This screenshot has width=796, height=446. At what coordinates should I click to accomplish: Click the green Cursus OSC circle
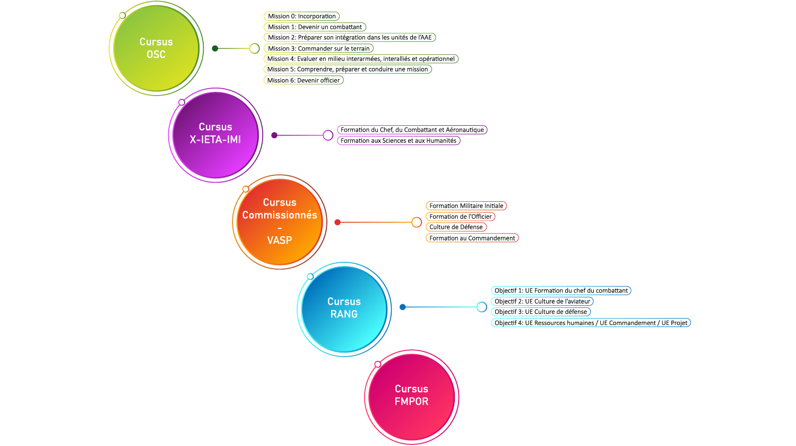[x=156, y=48]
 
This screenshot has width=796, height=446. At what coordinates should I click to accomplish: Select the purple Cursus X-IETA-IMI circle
[x=215, y=134]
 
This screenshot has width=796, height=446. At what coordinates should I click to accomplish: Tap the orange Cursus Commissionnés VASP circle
[x=280, y=221]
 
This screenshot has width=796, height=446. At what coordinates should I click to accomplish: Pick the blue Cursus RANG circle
[x=344, y=308]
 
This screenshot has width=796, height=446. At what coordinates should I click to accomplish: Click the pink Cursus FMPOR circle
[x=411, y=396]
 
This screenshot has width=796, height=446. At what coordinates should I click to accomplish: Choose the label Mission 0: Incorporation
[x=301, y=16]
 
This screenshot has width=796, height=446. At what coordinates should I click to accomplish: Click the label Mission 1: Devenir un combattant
[x=315, y=27]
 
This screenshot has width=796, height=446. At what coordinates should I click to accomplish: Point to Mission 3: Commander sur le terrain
[x=318, y=48]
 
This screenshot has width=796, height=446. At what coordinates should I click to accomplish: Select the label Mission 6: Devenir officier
[x=303, y=80]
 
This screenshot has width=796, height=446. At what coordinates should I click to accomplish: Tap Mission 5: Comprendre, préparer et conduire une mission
[x=347, y=70]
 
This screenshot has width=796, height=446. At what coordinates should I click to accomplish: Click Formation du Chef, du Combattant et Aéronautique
[x=412, y=130]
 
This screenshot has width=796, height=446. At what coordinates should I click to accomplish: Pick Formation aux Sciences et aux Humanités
[x=398, y=141]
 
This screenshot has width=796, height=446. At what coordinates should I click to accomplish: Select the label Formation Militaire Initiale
[x=466, y=206]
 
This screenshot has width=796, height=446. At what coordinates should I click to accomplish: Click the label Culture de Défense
[x=456, y=227]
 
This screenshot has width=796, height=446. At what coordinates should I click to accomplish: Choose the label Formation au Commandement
[x=472, y=238]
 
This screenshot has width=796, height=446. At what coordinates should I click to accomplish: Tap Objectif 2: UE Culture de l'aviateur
[x=542, y=301]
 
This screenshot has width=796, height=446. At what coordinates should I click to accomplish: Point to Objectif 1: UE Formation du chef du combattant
[x=561, y=290]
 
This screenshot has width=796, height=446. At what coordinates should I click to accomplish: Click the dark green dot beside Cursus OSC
[x=215, y=48]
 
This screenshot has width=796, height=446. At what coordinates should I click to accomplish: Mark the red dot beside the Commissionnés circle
[x=338, y=222]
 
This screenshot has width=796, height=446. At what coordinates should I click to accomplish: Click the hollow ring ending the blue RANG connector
[x=481, y=307]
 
